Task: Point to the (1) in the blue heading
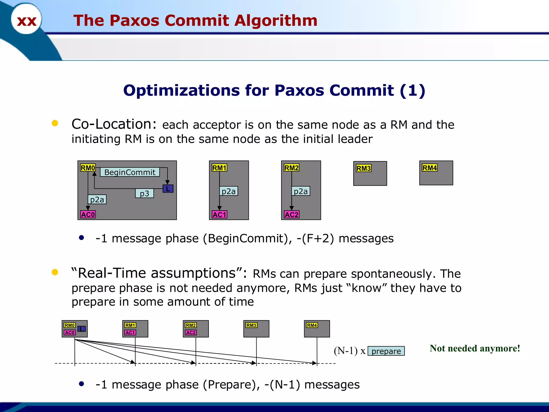pyautogui.click(x=412, y=90)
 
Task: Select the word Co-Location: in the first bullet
pyautogui.click(x=114, y=124)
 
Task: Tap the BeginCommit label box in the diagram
pyautogui.click(x=130, y=172)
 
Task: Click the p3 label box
pyautogui.click(x=144, y=193)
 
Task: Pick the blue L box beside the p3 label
pyautogui.click(x=168, y=189)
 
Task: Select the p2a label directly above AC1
pyautogui.click(x=228, y=191)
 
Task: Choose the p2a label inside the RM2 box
pyautogui.click(x=301, y=191)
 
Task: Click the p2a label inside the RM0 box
pyautogui.click(x=97, y=200)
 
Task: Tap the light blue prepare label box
pyautogui.click(x=386, y=351)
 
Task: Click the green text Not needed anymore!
pyautogui.click(x=475, y=348)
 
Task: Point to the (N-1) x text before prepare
pyautogui.click(x=350, y=351)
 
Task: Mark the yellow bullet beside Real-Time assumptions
pyautogui.click(x=55, y=272)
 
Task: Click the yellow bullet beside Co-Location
pyautogui.click(x=55, y=123)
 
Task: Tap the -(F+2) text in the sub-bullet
pyautogui.click(x=315, y=238)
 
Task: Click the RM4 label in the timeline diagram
pyautogui.click(x=312, y=325)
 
